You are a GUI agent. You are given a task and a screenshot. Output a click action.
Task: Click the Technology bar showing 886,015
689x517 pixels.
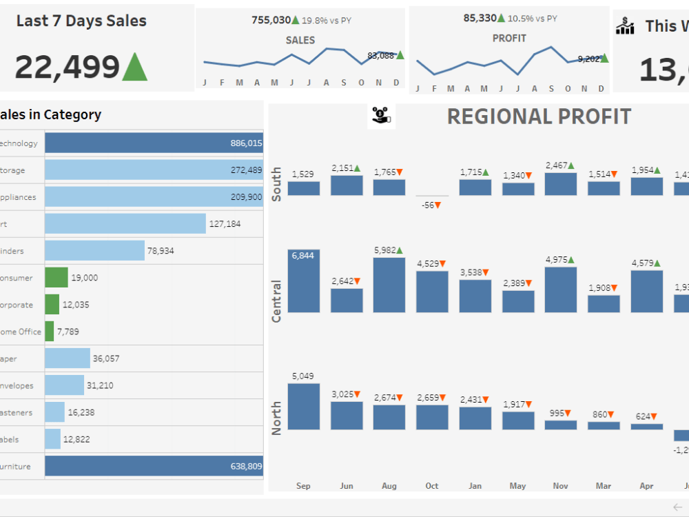tap(154, 143)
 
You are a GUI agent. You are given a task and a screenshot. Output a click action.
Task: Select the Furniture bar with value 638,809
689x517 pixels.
tap(154, 466)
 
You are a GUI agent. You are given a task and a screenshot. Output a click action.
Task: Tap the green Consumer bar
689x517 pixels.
tap(56, 277)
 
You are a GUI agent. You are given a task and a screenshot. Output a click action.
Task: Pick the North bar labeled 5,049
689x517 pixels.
tap(303, 407)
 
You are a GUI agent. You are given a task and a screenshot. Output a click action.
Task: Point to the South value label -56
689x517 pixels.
tap(432, 205)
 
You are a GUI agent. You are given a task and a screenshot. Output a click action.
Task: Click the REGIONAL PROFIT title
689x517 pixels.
tap(539, 116)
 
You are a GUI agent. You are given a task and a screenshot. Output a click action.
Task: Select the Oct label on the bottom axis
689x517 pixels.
tap(432, 486)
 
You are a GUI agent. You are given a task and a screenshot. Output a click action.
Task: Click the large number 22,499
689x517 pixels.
tap(68, 68)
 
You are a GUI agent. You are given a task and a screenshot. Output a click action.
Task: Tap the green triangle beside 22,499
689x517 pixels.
tap(134, 67)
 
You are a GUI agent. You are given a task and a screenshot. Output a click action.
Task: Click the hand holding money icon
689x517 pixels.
tap(381, 116)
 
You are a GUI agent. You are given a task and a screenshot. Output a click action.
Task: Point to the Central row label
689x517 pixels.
tap(276, 301)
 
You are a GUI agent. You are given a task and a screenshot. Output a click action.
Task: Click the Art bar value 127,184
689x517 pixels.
tap(225, 223)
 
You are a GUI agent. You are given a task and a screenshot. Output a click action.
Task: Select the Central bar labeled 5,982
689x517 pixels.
tap(389, 285)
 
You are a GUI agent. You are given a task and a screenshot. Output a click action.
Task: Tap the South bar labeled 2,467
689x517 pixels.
tap(560, 184)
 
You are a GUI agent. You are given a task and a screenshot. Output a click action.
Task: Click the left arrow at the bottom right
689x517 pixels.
tap(677, 507)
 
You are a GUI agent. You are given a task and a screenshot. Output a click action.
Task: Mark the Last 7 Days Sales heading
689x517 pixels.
tap(81, 21)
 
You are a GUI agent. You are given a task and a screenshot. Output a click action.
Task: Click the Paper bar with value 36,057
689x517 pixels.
tap(68, 358)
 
